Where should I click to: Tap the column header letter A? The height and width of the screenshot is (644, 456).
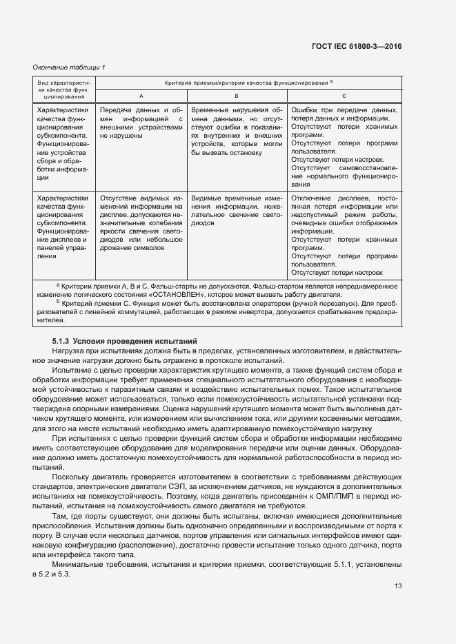(141, 95)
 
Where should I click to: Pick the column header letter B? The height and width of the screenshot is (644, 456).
(237, 95)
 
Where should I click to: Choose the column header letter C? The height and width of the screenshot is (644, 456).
(344, 95)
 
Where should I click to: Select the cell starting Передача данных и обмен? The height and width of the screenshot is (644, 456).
(141, 123)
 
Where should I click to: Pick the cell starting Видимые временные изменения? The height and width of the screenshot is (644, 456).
(237, 209)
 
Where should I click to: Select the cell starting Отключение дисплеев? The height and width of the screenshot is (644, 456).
(344, 234)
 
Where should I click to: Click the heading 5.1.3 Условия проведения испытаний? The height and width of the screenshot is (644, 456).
(125, 340)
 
